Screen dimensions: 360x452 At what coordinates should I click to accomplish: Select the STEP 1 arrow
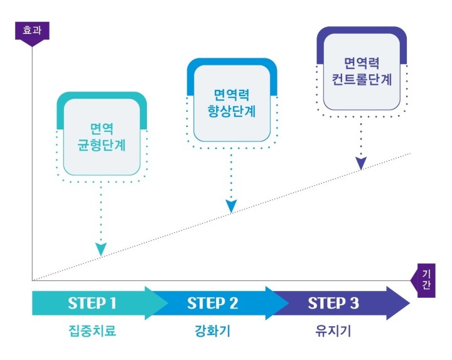92,303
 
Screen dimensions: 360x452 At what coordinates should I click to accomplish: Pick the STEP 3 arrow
336,303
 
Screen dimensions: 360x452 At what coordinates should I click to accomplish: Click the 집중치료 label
92,330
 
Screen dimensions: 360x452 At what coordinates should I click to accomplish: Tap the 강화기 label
213,330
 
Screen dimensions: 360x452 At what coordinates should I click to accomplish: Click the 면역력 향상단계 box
232,102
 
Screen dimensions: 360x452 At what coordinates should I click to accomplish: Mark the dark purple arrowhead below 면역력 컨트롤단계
361,163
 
